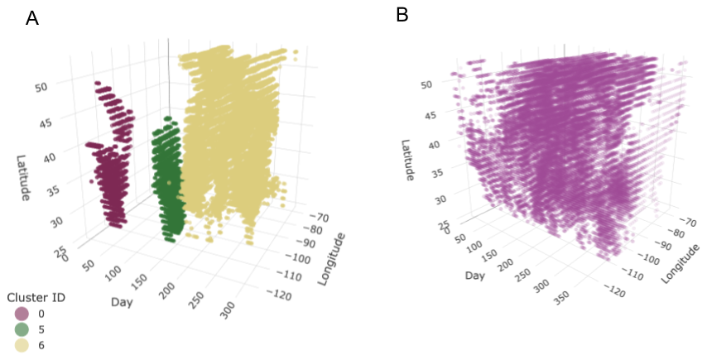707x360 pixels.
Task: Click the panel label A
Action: [32, 18]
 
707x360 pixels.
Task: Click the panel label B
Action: [402, 15]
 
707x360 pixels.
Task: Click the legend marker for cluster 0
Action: [22, 314]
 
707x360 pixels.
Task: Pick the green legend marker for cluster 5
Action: [22, 329]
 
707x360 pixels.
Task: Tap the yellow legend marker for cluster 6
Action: [22, 345]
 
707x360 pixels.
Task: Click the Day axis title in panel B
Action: [475, 275]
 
